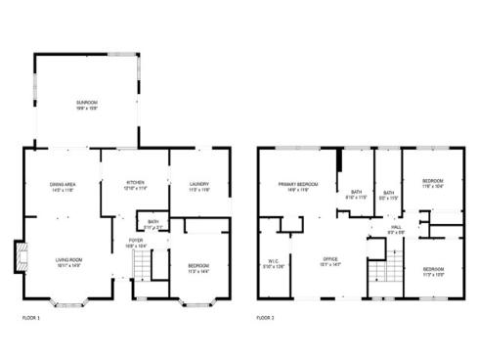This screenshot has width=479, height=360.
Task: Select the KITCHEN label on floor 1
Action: click(x=135, y=184)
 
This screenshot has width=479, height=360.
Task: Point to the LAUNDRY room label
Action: click(x=199, y=184)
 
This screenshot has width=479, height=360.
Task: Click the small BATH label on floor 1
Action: click(x=154, y=224)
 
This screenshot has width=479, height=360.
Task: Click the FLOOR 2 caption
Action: click(x=266, y=318)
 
